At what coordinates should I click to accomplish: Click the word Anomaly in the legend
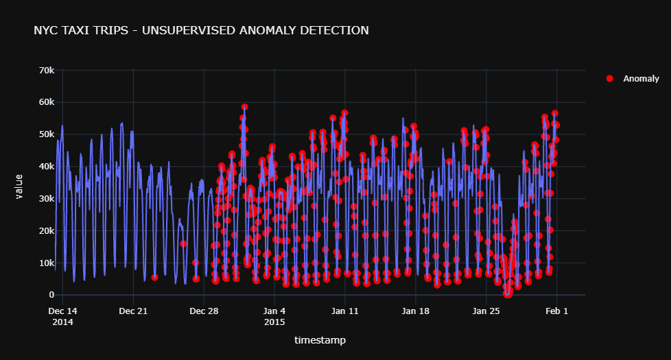click(x=641, y=79)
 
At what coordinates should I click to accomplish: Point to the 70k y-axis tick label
click(x=47, y=71)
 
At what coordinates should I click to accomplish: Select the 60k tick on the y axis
click(x=47, y=102)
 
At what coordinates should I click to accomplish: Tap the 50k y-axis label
click(x=47, y=134)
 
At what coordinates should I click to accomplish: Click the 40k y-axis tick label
click(x=47, y=167)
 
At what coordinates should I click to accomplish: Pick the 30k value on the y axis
click(x=47, y=199)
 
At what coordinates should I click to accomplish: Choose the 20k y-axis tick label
click(x=47, y=231)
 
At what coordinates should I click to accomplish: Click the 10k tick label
click(x=47, y=263)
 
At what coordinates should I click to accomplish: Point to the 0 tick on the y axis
click(x=51, y=295)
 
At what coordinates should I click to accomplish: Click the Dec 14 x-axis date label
click(x=62, y=311)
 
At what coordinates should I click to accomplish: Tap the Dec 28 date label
click(x=204, y=311)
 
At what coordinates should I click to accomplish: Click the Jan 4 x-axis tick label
click(x=274, y=311)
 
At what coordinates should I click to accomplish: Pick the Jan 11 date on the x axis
click(x=345, y=311)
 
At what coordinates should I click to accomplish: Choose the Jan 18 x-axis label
click(x=416, y=311)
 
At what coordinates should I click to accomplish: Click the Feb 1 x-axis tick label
click(x=557, y=311)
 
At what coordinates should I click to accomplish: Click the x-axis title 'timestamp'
click(x=320, y=340)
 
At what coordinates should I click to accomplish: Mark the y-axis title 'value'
click(x=20, y=187)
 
